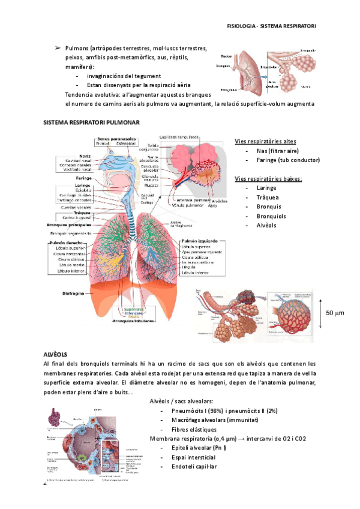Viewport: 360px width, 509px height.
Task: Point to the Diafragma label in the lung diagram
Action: point(76,294)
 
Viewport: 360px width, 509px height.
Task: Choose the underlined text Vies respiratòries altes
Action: point(265,142)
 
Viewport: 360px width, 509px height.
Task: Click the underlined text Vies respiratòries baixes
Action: point(268,179)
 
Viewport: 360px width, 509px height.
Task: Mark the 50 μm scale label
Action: point(335,313)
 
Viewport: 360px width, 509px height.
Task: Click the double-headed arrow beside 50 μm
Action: point(322,312)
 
